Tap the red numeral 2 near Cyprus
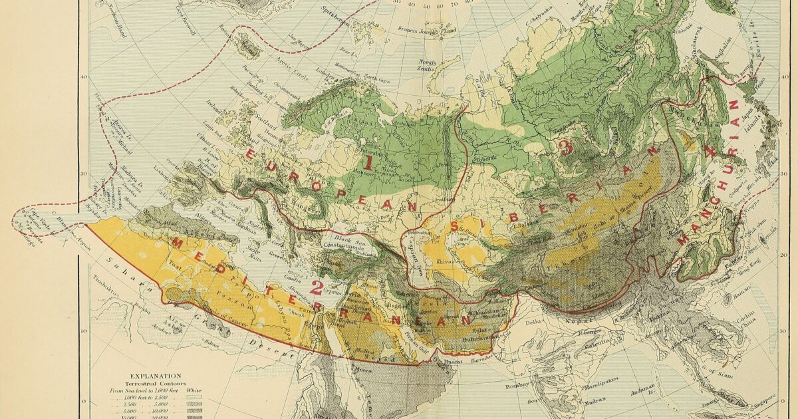pos(317,288)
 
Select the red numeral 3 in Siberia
pos(566,148)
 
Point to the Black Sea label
pos(344,239)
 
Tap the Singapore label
pos(763,400)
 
